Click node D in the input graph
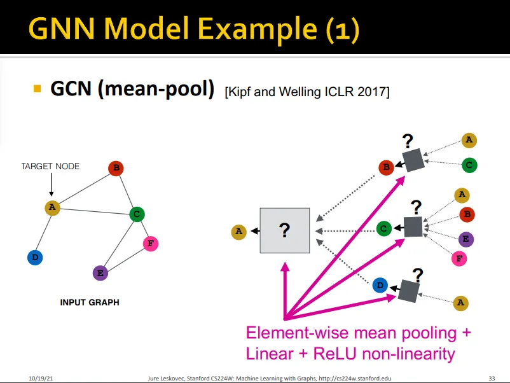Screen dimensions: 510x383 [35, 258]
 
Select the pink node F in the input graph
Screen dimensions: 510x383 [151, 244]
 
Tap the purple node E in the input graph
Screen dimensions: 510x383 [100, 273]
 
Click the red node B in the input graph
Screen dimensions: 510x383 [116, 168]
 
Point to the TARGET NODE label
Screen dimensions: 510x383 [50, 166]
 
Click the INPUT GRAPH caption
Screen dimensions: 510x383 [90, 302]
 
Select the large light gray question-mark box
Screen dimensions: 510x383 [285, 230]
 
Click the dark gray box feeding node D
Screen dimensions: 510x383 [408, 291]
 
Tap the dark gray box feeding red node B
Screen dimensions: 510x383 [413, 160]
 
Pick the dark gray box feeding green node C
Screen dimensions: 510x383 [413, 226]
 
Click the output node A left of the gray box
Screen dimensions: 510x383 [238, 232]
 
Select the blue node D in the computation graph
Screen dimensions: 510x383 [380, 286]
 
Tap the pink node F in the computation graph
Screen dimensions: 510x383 [459, 259]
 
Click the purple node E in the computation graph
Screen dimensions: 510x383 [466, 239]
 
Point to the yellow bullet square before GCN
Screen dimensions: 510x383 [38, 88]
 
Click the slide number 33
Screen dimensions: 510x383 [492, 378]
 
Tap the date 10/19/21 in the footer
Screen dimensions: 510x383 [41, 378]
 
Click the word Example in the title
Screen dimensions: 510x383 [258, 29]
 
